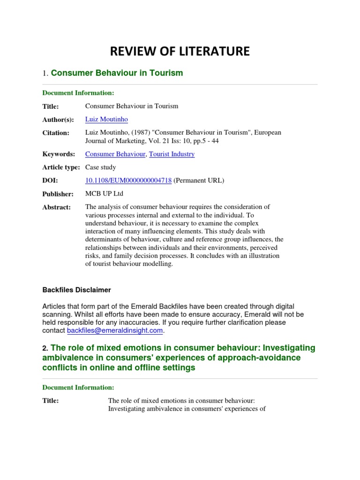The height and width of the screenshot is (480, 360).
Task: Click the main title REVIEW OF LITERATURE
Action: [x=180, y=52]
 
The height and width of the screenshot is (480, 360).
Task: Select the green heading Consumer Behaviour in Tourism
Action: [x=117, y=73]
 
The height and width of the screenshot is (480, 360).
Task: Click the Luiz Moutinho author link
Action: [x=106, y=120]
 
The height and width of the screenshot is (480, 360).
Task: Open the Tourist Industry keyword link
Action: [x=172, y=154]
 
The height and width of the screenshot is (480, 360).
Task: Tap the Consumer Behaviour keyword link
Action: [x=115, y=154]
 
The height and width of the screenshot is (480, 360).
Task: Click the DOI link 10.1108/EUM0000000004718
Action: [x=128, y=180]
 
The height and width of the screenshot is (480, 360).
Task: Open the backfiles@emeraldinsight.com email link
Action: [x=115, y=331]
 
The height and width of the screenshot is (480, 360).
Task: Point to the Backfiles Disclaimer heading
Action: [x=77, y=290]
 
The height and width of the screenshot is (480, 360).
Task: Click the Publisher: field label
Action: [x=58, y=194]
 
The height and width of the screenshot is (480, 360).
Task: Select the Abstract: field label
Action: [x=57, y=207]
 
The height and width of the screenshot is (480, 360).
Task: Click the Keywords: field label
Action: [x=59, y=154]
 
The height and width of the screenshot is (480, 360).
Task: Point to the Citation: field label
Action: [x=56, y=133]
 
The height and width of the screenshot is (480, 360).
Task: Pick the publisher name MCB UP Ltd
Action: [x=104, y=194]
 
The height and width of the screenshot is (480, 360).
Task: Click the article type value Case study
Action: [x=100, y=167]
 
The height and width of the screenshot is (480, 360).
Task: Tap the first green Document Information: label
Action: [x=78, y=93]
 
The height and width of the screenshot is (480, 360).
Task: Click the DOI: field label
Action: [x=50, y=181]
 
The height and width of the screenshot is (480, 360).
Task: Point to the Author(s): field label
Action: [x=59, y=120]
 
